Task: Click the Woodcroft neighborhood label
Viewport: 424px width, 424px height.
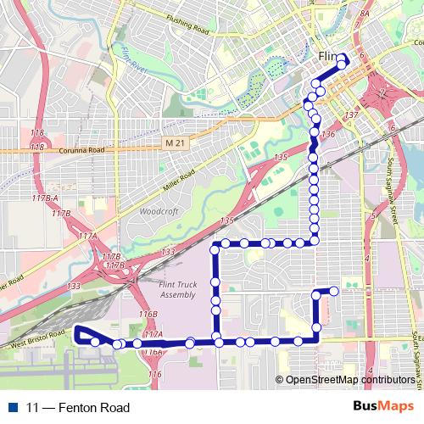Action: [x=156, y=210]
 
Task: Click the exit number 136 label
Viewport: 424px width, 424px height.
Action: [x=329, y=135]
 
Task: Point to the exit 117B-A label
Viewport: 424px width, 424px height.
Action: [x=44, y=198]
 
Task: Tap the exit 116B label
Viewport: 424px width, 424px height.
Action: [x=148, y=314]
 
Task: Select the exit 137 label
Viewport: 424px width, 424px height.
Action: [x=353, y=114]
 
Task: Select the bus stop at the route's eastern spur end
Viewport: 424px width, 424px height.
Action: [x=334, y=291]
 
